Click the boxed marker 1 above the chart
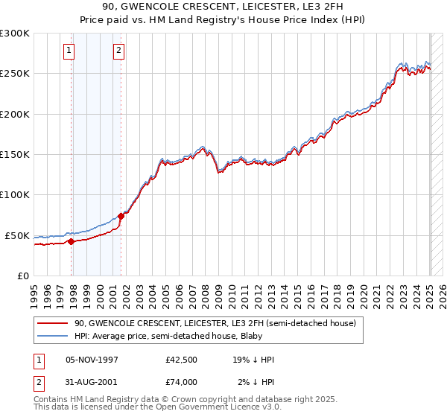pos(69,51)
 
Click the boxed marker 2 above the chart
pos(118,51)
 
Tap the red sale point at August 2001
pos(121,216)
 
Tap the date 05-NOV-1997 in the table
pos(92,360)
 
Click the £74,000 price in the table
pos(181,382)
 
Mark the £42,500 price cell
pos(181,360)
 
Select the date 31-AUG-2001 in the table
pos(92,382)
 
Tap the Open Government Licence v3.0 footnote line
pos(157,407)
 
